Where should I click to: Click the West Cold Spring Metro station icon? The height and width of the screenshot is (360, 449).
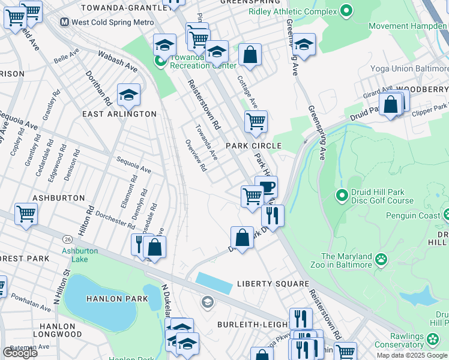[x=64, y=22]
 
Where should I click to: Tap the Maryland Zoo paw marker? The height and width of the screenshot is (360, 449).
[x=381, y=259]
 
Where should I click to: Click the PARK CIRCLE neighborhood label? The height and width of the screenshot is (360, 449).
[x=253, y=146]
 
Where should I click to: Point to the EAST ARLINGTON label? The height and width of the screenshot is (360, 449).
[x=119, y=114]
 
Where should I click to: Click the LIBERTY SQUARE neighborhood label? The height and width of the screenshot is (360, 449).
[x=273, y=283]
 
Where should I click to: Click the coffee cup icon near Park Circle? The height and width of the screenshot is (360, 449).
[x=266, y=187]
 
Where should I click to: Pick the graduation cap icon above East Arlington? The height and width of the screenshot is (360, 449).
[x=128, y=94]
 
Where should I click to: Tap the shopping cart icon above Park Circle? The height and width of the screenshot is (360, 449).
[x=256, y=121]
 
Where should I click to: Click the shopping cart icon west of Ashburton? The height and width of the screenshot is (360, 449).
[x=26, y=214]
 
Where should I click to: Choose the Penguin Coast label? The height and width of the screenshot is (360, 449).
[x=413, y=215]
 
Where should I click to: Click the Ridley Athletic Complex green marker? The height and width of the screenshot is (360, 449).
[x=346, y=10]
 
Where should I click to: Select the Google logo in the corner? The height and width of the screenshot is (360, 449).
[x=20, y=353]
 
